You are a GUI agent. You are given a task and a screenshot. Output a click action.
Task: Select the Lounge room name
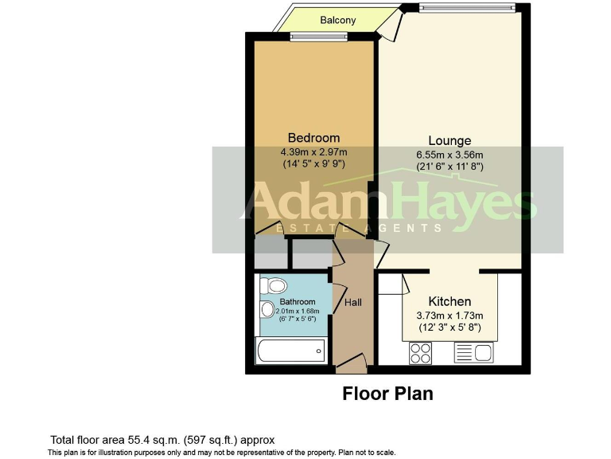pyautogui.click(x=449, y=141)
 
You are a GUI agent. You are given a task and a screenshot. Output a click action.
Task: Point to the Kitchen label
pyautogui.click(x=449, y=302)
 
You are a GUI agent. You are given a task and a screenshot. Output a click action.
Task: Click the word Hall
pyautogui.click(x=353, y=303)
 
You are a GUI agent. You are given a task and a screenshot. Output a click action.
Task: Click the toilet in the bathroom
pyautogui.click(x=276, y=284)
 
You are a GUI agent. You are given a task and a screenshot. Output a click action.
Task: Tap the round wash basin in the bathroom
pyautogui.click(x=266, y=312)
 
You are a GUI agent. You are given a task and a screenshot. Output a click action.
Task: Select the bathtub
pyautogui.click(x=290, y=350)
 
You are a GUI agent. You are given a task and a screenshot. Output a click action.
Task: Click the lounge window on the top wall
pyautogui.click(x=468, y=8)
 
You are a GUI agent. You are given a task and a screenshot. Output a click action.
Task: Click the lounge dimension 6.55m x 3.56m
pyautogui.click(x=449, y=155)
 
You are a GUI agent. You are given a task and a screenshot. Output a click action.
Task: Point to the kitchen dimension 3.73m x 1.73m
pyautogui.click(x=450, y=316)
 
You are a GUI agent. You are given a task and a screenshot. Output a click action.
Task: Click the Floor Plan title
pyautogui.click(x=387, y=394)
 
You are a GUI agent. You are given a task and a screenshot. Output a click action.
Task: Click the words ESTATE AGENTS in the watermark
pyautogui.click(x=357, y=229)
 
